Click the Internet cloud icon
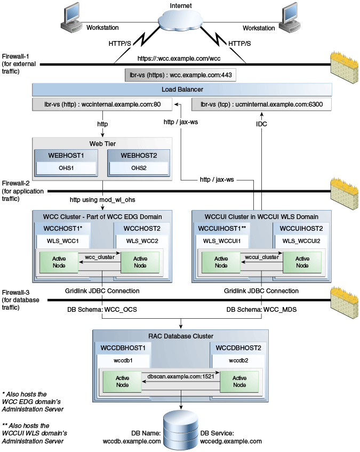pyautogui.click(x=180, y=20)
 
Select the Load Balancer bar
pyautogui.click(x=182, y=90)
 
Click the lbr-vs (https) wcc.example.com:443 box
pyautogui.click(x=180, y=75)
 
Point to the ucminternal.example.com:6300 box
pyautogui.click(x=261, y=104)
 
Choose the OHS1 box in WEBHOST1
pyautogui.click(x=66, y=168)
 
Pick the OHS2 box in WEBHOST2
pyautogui.click(x=139, y=168)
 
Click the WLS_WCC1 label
pyautogui.click(x=62, y=241)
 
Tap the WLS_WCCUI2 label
pyautogui.click(x=301, y=241)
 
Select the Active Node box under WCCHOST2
pyautogui.click(x=140, y=262)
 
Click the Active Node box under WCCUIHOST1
pyautogui.click(x=221, y=262)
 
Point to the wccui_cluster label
pyautogui.click(x=262, y=257)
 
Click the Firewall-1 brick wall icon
pyautogui.click(x=345, y=67)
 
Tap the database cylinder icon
pyautogui.click(x=181, y=430)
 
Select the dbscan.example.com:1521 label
pyautogui.click(x=181, y=376)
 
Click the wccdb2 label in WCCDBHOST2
pyautogui.click(x=238, y=360)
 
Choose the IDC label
pyautogui.click(x=261, y=124)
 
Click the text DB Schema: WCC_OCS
pyautogui.click(x=102, y=310)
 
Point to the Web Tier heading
pyautogui.click(x=102, y=143)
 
